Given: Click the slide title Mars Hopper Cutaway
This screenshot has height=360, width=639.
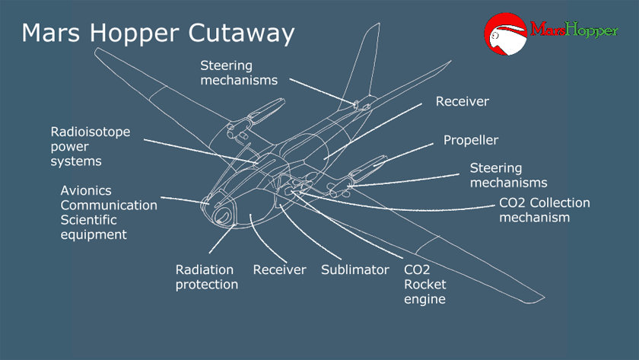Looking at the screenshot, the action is pyautogui.click(x=158, y=33).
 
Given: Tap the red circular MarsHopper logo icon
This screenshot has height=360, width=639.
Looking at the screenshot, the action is pyautogui.click(x=505, y=33).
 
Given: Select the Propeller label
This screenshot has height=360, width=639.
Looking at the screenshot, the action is pyautogui.click(x=471, y=140).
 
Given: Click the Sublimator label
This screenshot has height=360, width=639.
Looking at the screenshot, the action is pyautogui.click(x=355, y=269).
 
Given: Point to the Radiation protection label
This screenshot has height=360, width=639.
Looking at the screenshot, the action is pyautogui.click(x=207, y=277).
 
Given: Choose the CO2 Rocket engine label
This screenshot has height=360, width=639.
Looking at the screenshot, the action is pyautogui.click(x=424, y=284).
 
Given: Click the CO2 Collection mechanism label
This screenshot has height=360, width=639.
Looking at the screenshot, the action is pyautogui.click(x=545, y=210).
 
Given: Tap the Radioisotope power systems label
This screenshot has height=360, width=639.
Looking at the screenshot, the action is pyautogui.click(x=91, y=146).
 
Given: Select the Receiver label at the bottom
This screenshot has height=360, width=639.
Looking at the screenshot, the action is pyautogui.click(x=280, y=269).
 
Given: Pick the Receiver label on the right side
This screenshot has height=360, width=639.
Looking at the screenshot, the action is pyautogui.click(x=463, y=101).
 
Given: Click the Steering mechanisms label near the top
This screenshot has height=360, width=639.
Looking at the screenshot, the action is pyautogui.click(x=239, y=72).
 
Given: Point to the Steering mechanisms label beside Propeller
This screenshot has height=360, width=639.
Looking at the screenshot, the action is pyautogui.click(x=509, y=175).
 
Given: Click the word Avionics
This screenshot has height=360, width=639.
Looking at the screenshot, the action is pyautogui.click(x=86, y=190).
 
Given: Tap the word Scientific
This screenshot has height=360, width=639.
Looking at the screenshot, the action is pyautogui.click(x=89, y=220).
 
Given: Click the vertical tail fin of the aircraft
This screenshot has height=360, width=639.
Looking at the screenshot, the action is pyautogui.click(x=361, y=65).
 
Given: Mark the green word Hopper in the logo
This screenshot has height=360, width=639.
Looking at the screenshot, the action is pyautogui.click(x=592, y=30).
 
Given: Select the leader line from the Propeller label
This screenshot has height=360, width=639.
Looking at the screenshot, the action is pyautogui.click(x=403, y=155).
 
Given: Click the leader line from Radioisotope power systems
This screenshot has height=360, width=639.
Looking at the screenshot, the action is pyautogui.click(x=202, y=151).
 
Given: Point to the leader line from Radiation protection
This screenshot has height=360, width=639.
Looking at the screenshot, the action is pyautogui.click(x=222, y=238).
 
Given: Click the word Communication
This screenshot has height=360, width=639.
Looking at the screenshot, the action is pyautogui.click(x=109, y=205).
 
